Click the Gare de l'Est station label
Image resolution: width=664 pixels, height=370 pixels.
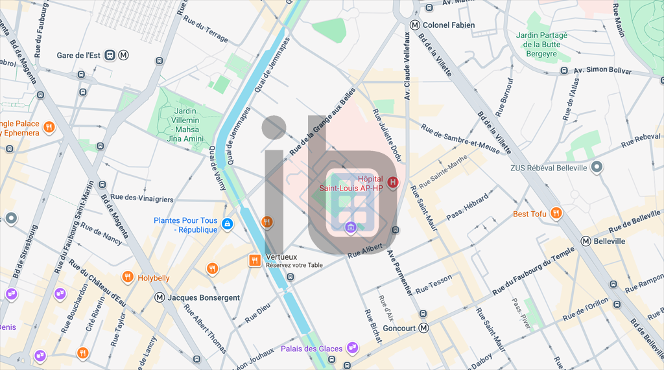click(78, 56)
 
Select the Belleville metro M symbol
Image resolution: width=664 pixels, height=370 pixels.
click(586, 241)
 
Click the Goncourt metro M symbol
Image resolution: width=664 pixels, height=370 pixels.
click(424, 328)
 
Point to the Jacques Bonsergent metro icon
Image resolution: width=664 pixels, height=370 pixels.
click(160, 297)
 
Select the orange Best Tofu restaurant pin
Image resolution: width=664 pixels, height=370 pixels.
click(556, 213)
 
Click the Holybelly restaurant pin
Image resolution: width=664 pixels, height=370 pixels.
click(127, 277)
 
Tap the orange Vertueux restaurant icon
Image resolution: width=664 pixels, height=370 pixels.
click(255, 260)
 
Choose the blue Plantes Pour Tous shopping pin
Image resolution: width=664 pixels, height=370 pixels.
click(227, 224)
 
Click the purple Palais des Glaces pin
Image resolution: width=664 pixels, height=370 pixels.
click(353, 349)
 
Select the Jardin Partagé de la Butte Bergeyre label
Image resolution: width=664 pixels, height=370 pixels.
click(541, 45)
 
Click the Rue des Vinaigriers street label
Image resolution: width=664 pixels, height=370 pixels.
click(142, 198)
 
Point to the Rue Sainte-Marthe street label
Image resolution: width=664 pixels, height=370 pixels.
click(444, 173)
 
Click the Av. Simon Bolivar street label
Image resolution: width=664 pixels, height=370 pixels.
click(602, 69)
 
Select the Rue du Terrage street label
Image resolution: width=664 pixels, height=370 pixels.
click(206, 29)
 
